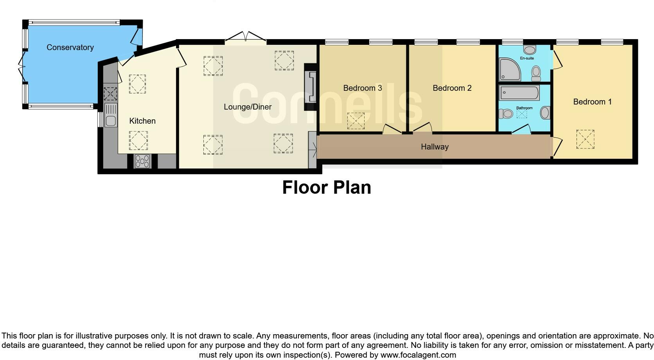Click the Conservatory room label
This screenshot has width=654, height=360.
click(70, 47)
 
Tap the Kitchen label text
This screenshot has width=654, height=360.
click(142, 121)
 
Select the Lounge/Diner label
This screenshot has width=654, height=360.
click(248, 107)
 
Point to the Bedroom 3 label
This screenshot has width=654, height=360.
click(362, 88)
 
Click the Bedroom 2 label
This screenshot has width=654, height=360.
click(452, 88)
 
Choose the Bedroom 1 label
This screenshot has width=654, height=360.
click(592, 102)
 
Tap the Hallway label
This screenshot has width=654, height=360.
click(435, 147)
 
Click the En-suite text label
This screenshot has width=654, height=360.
click(526, 58)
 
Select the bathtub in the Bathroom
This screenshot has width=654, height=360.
click(519, 93)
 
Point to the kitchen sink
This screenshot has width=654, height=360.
click(110, 115)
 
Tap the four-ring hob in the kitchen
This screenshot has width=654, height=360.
click(142, 161)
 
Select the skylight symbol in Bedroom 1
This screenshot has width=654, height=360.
click(585, 139)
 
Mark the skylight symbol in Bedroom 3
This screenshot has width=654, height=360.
click(356, 121)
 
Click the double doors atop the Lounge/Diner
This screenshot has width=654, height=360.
click(246, 37)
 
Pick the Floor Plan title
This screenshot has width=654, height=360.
click(327, 187)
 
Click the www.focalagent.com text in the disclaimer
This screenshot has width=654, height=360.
click(418, 355)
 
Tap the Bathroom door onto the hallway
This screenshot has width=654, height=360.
click(521, 130)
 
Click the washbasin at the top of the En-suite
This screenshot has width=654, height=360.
click(529, 50)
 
